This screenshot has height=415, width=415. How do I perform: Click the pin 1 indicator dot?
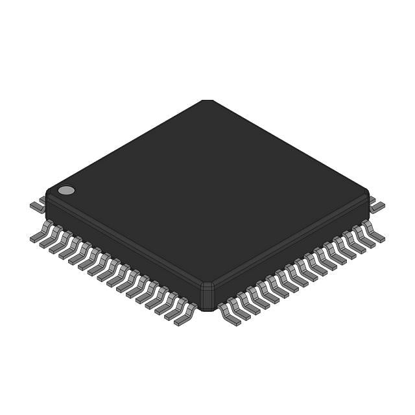pos(66,190)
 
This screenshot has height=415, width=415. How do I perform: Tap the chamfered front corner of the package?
pos(207,296)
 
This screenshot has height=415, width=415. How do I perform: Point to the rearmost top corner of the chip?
pos(207,102)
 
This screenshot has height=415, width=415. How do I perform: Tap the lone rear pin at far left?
pos(38,206)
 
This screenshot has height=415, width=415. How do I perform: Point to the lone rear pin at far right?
pos(377,206)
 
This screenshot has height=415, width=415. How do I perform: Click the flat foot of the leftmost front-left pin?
pos(35,239)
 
